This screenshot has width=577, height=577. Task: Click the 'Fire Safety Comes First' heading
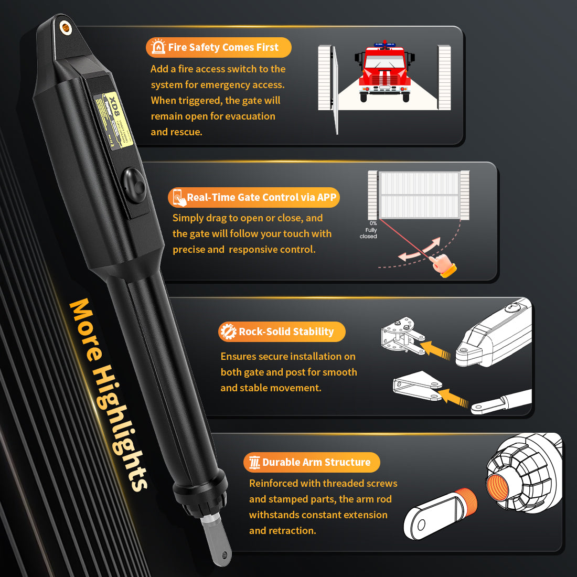tap(223, 47)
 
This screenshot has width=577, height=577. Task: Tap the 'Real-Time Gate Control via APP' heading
tap(261, 197)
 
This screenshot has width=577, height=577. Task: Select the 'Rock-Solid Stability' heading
tap(286, 332)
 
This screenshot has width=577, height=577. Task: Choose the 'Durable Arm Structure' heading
tap(316, 462)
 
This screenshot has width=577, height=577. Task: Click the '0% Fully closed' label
tap(370, 230)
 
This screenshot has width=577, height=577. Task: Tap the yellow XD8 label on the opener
tap(114, 121)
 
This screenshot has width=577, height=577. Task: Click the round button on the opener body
tap(135, 186)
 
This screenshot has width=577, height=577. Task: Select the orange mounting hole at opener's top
tap(66, 26)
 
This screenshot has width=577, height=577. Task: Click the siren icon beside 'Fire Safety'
tap(157, 47)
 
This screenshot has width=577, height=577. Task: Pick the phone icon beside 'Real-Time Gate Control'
tap(178, 197)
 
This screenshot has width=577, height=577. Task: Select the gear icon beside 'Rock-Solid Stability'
tap(228, 332)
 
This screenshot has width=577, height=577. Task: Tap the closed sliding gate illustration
tap(419, 195)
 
